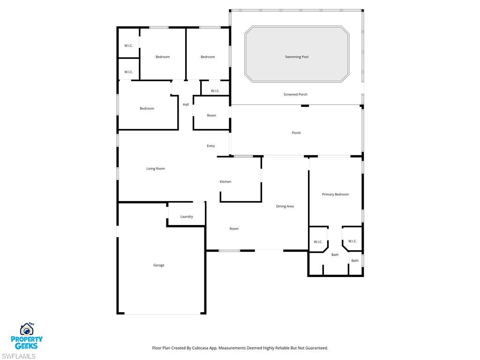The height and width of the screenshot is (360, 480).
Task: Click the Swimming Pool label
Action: pos(297,57)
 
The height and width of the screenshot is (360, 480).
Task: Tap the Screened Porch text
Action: pos(295,94)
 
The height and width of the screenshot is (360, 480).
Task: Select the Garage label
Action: pos(159,265)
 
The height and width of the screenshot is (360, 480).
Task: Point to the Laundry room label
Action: pos(187,217)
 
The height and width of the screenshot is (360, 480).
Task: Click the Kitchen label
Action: pos(225,181)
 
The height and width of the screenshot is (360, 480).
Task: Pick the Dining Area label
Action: pos(285,206)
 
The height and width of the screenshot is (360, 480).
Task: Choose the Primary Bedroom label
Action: pos(335,194)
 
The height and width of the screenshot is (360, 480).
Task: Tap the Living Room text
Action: pos(156,168)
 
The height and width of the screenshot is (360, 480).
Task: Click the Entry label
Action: pos(211,146)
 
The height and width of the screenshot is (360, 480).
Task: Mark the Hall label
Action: pos(186,105)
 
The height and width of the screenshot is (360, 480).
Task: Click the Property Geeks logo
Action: pos(27,336)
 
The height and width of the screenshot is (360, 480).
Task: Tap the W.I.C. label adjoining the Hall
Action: pos(215,91)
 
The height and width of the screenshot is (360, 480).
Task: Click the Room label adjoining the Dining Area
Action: pos(234,229)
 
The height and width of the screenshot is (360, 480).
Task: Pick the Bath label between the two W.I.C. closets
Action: pos(335,255)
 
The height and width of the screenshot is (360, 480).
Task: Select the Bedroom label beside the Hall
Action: pos(147,108)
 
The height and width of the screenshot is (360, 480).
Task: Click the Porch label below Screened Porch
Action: pos(296,133)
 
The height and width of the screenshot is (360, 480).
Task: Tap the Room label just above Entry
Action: pos(211,115)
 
